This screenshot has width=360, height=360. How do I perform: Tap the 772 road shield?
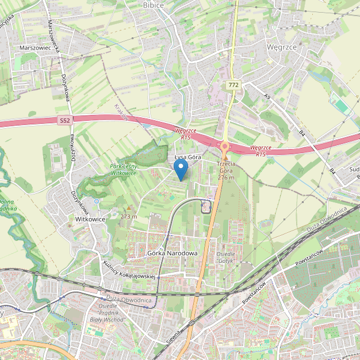pos(233,85)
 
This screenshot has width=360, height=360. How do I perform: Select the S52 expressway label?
pos(65,120)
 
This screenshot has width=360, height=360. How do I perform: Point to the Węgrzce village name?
pos(282,46)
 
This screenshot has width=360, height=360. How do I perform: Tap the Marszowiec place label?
pos(36,48)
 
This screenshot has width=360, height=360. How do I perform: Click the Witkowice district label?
pos(90,219)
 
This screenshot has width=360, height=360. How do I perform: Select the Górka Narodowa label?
pos(173,253)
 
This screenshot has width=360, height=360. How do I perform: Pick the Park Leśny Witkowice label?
pos(123,169)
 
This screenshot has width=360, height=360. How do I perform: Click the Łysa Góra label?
pos(186,156)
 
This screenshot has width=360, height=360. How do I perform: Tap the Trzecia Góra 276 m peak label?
pos(226,171)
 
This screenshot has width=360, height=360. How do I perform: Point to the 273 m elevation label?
pos(129,216)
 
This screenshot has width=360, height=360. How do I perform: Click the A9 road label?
pos(267,96)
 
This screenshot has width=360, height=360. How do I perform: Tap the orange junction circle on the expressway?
pos(224,146)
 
